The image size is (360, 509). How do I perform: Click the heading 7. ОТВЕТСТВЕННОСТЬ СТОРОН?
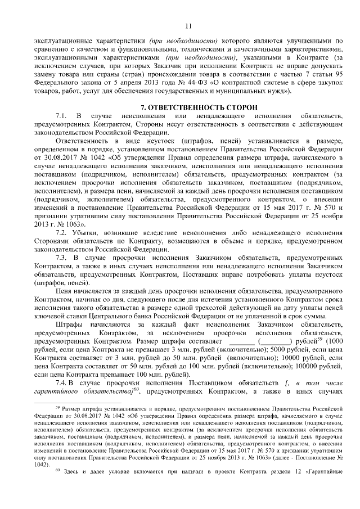(188, 107)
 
